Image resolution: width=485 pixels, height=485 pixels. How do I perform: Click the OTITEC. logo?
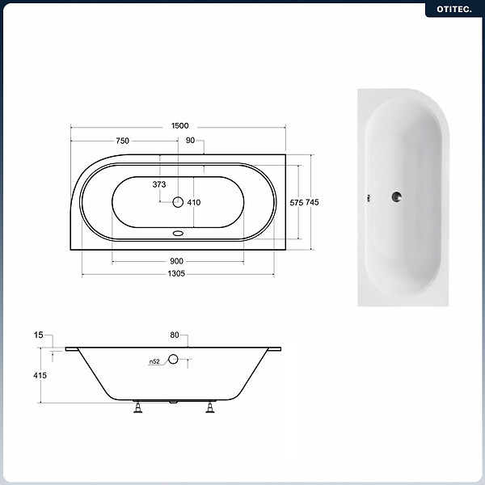pos(454,9)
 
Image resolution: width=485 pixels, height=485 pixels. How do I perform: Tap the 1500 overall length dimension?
pos(179,125)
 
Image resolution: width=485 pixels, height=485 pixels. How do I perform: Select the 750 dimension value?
pos(123,141)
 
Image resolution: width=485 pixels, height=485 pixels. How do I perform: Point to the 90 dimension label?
pos(190,140)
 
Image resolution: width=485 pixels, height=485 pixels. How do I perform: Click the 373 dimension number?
pos(159,184)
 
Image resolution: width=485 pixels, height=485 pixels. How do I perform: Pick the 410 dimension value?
pos(194,202)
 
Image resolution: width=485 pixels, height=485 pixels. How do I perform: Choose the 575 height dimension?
pos(297,203)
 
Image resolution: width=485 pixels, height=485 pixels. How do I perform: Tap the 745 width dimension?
pos(312,202)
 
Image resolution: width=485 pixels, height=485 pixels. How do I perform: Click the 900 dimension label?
pos(176,261)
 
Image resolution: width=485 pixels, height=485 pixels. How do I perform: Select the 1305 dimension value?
pos(176,273)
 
